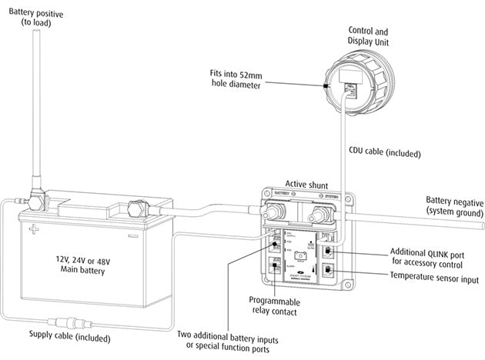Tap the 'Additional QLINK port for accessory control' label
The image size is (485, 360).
(x=426, y=255)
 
